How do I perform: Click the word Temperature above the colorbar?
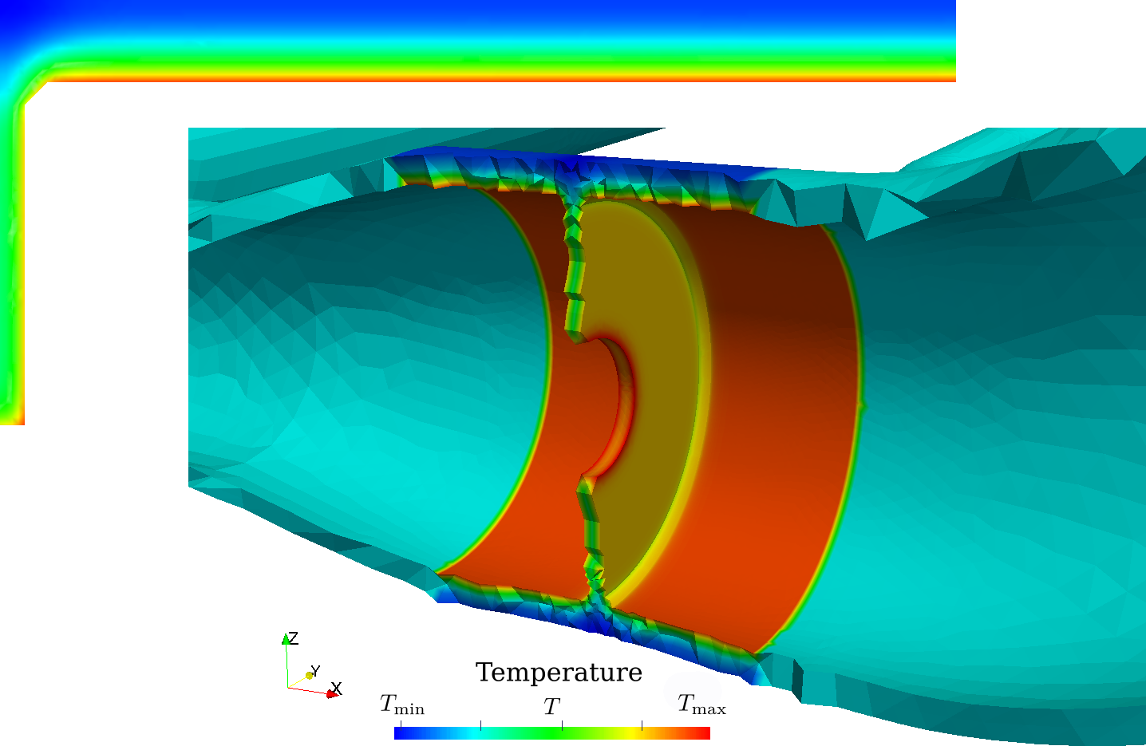tap(559, 673)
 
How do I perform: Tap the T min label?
tap(402, 704)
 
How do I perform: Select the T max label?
tap(702, 704)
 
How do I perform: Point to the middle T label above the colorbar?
tap(551, 706)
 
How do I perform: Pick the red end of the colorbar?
tap(702, 733)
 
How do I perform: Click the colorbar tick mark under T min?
tap(401, 724)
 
